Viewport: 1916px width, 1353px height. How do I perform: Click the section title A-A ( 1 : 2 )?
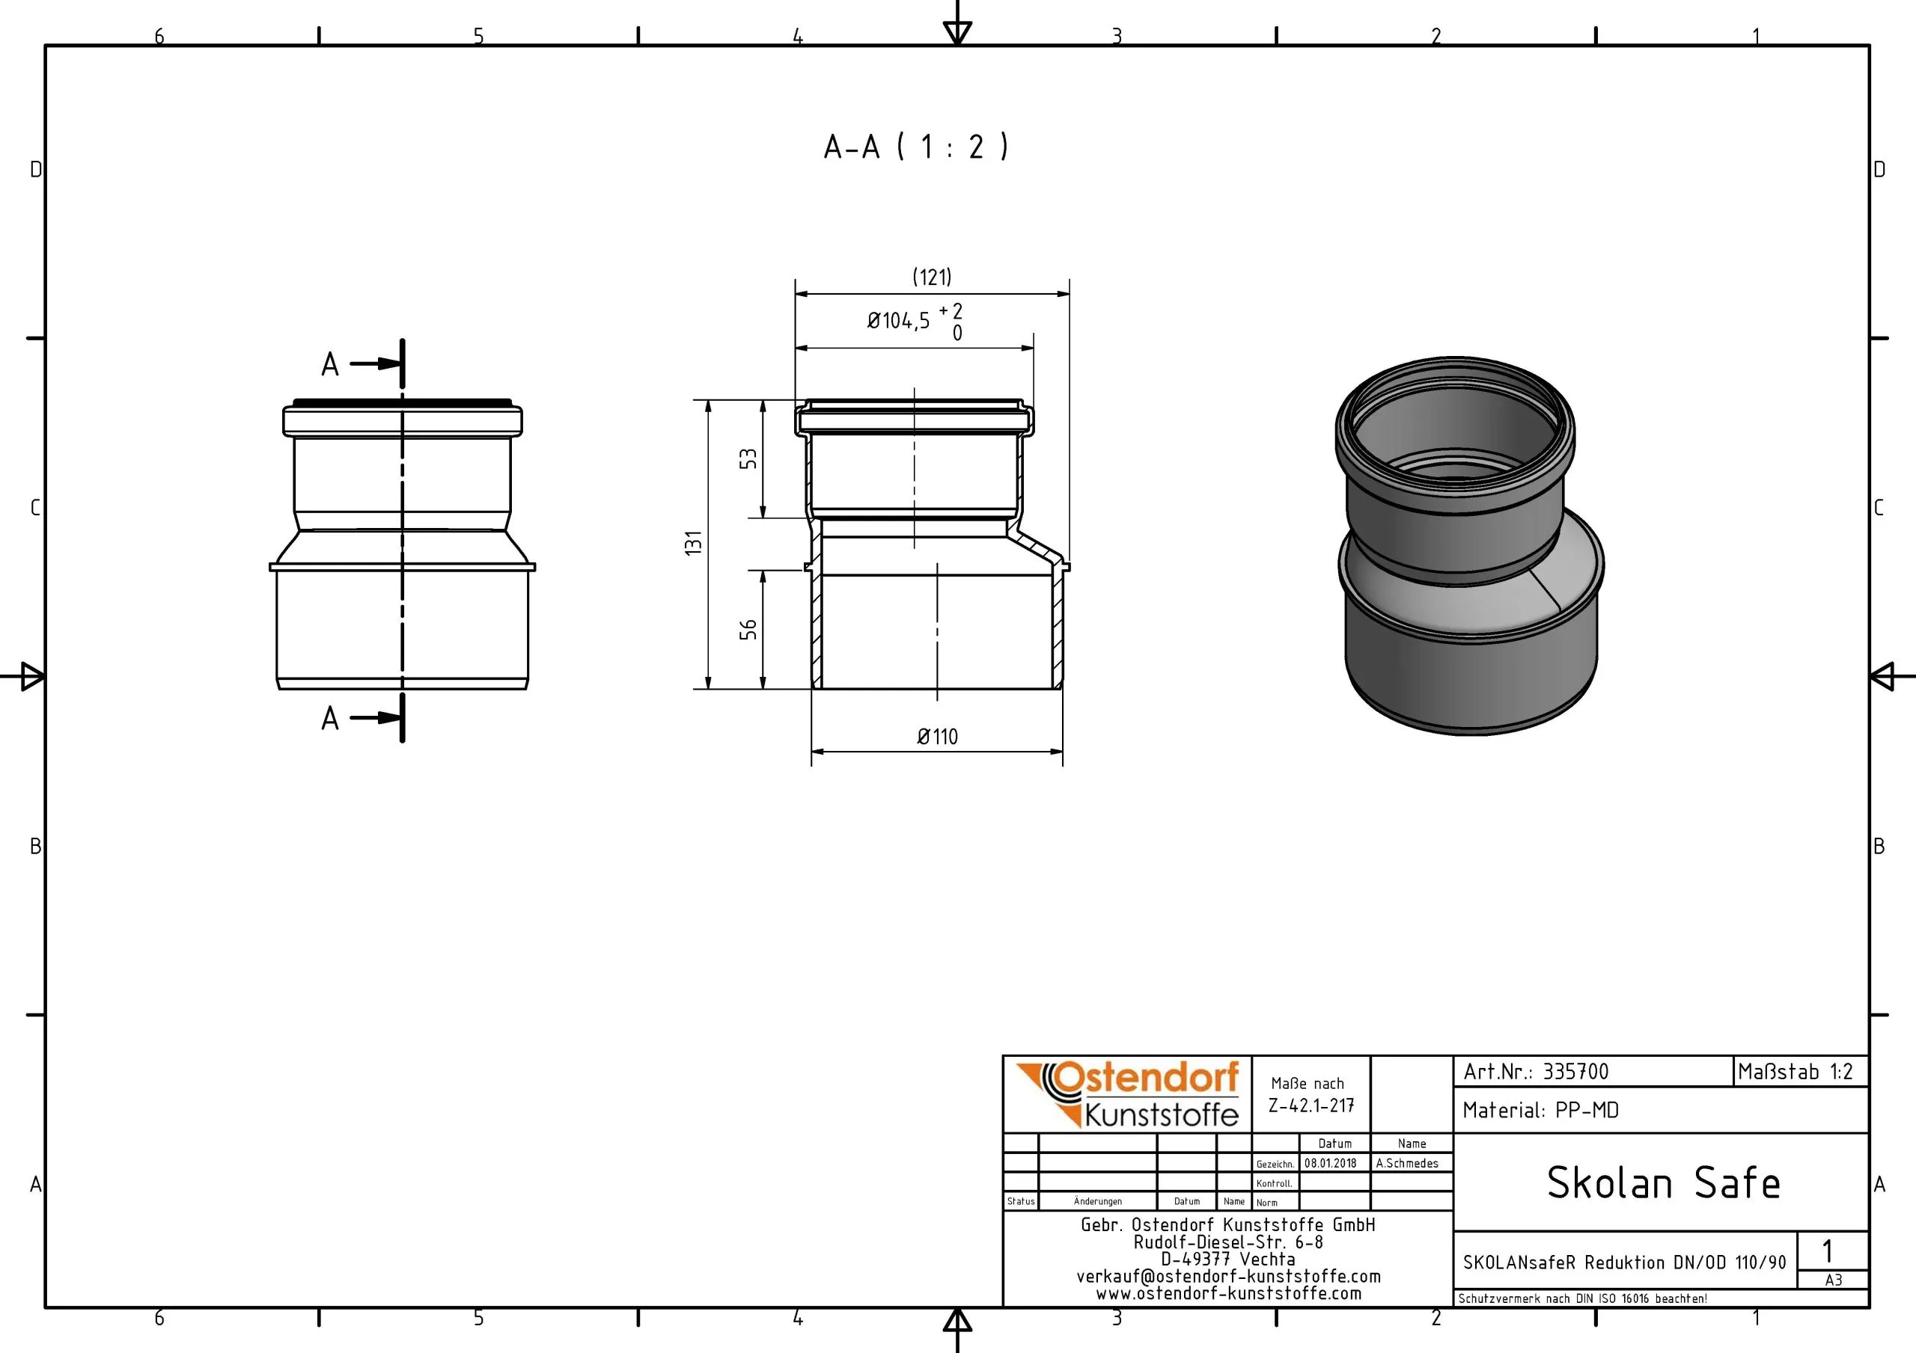pos(915,147)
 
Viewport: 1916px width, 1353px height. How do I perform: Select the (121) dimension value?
pos(931,277)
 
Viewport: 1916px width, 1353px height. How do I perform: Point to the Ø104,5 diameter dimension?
pos(898,320)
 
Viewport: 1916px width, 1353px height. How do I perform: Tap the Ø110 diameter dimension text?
pos(937,737)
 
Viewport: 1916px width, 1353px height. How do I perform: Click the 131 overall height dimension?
pos(694,543)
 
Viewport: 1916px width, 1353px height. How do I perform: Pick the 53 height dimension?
pos(748,458)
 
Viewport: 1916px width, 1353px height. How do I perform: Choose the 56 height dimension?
pos(748,629)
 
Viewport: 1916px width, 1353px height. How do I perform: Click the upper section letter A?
pos(331,364)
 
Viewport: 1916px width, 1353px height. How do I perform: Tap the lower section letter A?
pos(331,718)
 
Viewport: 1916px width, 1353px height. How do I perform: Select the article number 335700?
pos(1575,1072)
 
